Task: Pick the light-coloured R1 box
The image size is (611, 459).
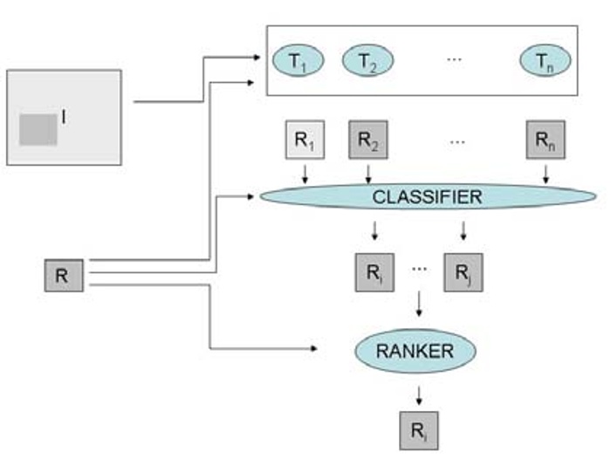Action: click(305, 141)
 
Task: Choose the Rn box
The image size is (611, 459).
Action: click(546, 141)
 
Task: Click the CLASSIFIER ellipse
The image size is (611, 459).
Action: click(427, 197)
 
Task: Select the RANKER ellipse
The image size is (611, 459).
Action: click(415, 352)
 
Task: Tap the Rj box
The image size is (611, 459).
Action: click(463, 271)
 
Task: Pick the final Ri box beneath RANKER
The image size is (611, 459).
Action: click(420, 430)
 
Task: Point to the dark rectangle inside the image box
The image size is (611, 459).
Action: click(38, 130)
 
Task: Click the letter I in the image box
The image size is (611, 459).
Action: click(64, 114)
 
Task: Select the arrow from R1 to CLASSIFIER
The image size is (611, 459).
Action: click(305, 175)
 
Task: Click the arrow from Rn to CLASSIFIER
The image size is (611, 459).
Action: click(546, 175)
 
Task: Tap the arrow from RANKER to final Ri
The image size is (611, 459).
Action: click(420, 395)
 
